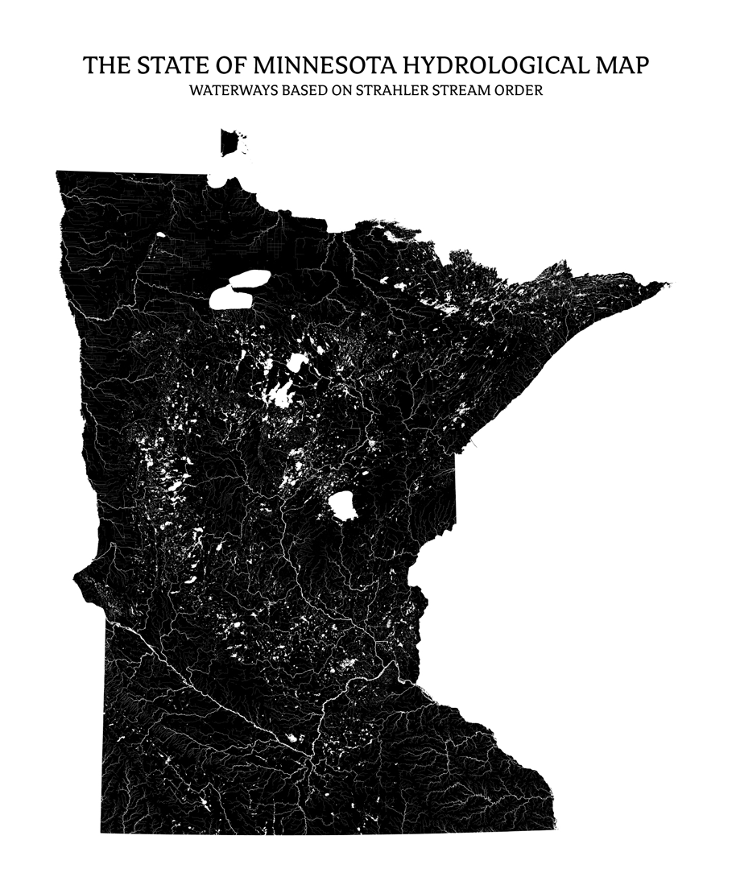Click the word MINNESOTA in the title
pyautogui.click(x=310, y=65)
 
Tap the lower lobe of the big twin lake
pyautogui.click(x=230, y=298)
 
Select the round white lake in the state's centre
pyautogui.click(x=343, y=506)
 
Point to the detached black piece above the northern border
pyautogui.click(x=230, y=142)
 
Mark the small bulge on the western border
pyautogui.click(x=81, y=577)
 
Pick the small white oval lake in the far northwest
pyautogui.click(x=161, y=235)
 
